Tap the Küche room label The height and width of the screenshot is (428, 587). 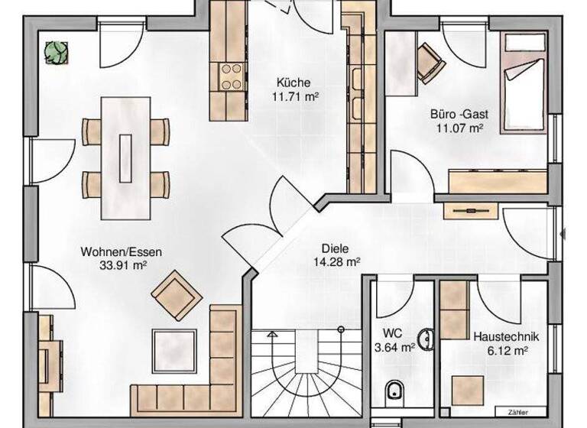point(293,83)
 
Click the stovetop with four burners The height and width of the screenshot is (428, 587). point(232,76)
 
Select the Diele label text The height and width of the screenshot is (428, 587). point(336,248)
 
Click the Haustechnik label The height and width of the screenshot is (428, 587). point(506,336)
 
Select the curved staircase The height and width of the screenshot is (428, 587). point(304,374)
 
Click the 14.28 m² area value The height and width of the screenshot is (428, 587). point(336,261)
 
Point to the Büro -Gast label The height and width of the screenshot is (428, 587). point(458,115)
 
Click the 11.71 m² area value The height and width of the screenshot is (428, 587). point(294,96)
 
